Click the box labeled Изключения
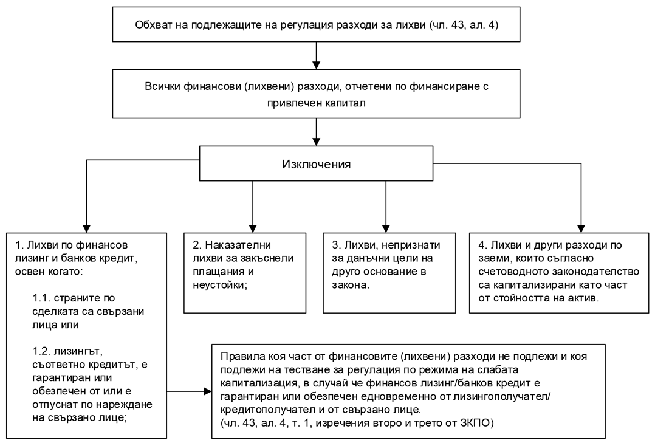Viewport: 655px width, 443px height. tap(316, 164)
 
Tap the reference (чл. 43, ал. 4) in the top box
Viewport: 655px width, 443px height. tap(464, 25)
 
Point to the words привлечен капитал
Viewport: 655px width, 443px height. tap(316, 103)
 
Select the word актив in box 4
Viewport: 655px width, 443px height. tap(584, 298)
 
